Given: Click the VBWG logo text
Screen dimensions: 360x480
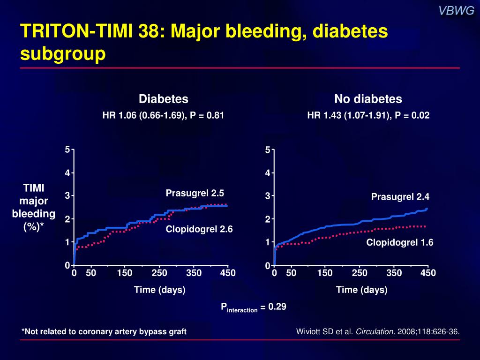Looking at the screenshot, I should [457, 11].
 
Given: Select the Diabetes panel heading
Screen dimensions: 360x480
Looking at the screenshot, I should [163, 99].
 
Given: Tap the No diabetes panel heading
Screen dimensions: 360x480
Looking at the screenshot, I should [368, 99].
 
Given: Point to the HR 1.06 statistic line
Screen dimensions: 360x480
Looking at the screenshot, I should [163, 115].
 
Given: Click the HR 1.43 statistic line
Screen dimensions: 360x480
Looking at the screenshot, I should [368, 115].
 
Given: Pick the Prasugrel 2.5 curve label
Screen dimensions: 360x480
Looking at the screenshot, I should [195, 193].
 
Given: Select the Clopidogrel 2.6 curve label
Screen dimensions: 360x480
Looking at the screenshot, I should [199, 229].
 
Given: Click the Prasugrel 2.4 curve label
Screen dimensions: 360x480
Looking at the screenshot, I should [400, 196].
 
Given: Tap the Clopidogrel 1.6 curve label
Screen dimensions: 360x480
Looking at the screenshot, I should [400, 242].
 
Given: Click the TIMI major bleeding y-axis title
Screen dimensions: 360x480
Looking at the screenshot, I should [34, 207].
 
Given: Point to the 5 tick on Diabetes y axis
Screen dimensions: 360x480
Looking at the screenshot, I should [67, 150].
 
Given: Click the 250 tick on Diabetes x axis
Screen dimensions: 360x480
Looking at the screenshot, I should [159, 273].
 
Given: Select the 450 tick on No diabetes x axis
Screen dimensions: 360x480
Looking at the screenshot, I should [428, 273].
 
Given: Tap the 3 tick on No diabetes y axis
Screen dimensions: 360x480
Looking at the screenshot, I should [268, 196].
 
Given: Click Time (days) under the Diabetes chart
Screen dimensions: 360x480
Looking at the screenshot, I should [160, 290].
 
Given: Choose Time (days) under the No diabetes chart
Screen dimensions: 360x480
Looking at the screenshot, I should [361, 290].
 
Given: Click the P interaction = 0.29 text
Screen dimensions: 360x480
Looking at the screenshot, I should [254, 307].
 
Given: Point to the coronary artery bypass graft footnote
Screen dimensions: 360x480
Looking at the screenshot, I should [104, 332].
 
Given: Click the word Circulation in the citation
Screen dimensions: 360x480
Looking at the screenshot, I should [375, 332].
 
